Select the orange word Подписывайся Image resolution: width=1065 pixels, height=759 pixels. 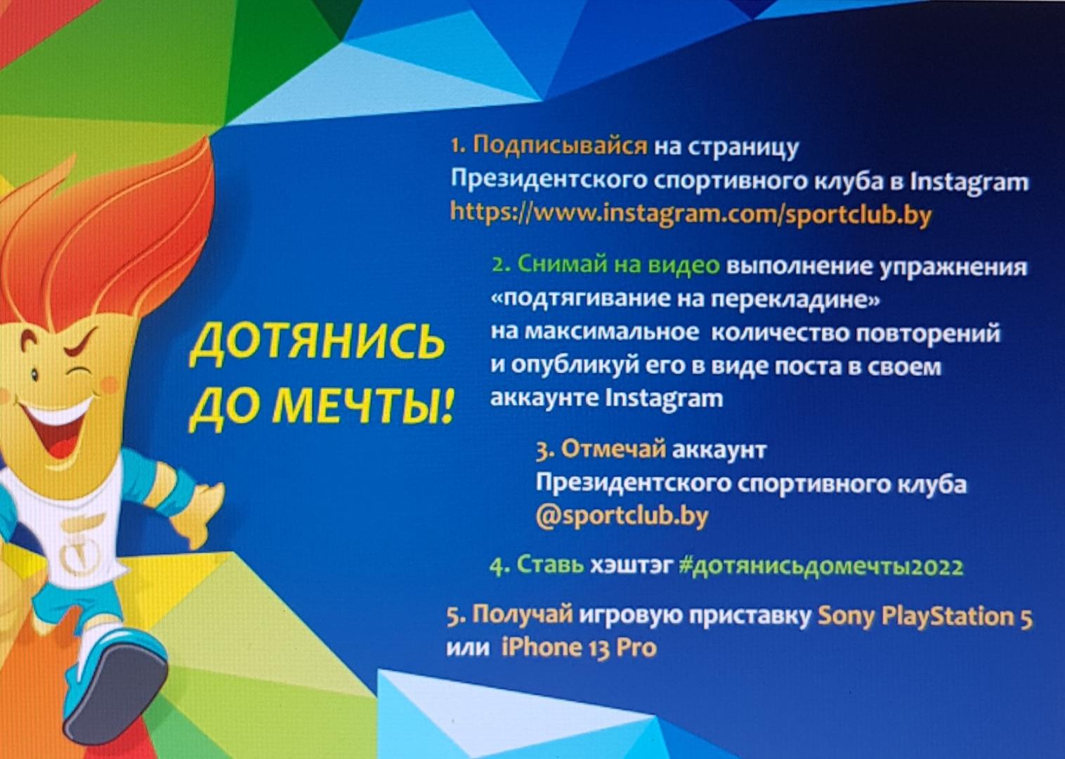pos(559,145)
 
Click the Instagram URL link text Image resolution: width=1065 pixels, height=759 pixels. pos(690,213)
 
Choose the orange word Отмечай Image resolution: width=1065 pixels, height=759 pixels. pos(613,449)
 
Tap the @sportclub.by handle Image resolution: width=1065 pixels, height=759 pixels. pos(621,515)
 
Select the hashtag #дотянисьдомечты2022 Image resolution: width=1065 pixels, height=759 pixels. pos(821,566)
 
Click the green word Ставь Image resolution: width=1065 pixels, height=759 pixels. pos(550,566)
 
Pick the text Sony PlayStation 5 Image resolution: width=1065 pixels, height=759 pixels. pos(925,616)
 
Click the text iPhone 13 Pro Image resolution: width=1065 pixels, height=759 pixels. pos(579,647)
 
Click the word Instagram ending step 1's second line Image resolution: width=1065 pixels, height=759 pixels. pos(969,181)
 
